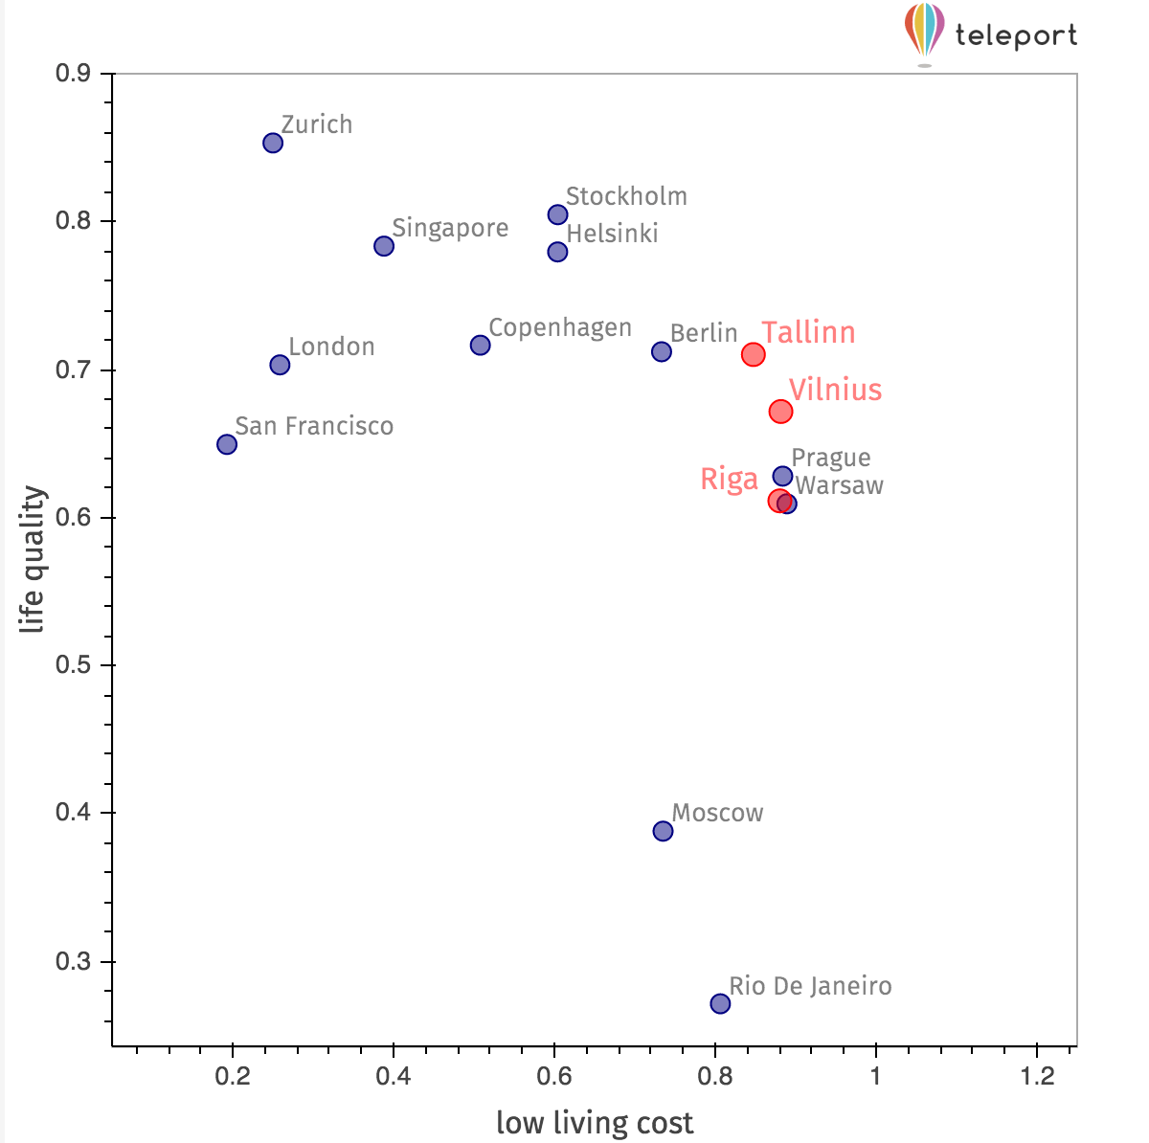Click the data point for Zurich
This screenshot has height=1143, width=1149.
pos(273,144)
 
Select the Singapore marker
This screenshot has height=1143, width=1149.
pos(384,247)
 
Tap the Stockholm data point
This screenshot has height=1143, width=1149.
pos(558,214)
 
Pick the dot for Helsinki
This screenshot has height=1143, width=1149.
pos(557,253)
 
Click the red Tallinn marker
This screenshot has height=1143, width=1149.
pos(754,355)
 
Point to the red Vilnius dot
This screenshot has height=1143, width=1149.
pos(781,412)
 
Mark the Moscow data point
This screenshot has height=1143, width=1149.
pos(664,831)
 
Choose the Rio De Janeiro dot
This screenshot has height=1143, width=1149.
pos(721,1003)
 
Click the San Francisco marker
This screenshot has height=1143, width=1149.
pos(227,444)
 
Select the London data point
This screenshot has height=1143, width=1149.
pos(280,365)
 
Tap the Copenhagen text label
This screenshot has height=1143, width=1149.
pos(560,328)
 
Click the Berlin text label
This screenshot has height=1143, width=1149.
pos(704,333)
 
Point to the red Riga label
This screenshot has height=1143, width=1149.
pos(729,479)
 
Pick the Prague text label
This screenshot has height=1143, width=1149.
pos(831,459)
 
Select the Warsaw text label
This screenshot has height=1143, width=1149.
pos(840,485)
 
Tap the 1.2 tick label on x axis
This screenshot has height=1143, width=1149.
pos(1037,1076)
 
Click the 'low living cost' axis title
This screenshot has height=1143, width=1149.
pos(595,1122)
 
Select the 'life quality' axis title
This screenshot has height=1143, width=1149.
pos(34,560)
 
